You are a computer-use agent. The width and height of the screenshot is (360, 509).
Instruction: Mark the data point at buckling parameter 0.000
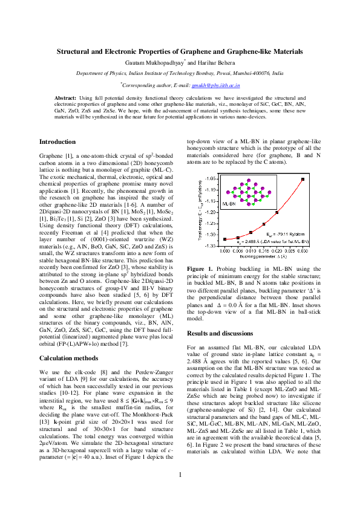[x=224, y=239]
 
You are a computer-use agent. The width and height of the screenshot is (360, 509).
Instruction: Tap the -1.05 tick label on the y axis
[x=212, y=180]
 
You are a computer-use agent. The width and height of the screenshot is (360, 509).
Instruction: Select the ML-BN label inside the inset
[x=230, y=205]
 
